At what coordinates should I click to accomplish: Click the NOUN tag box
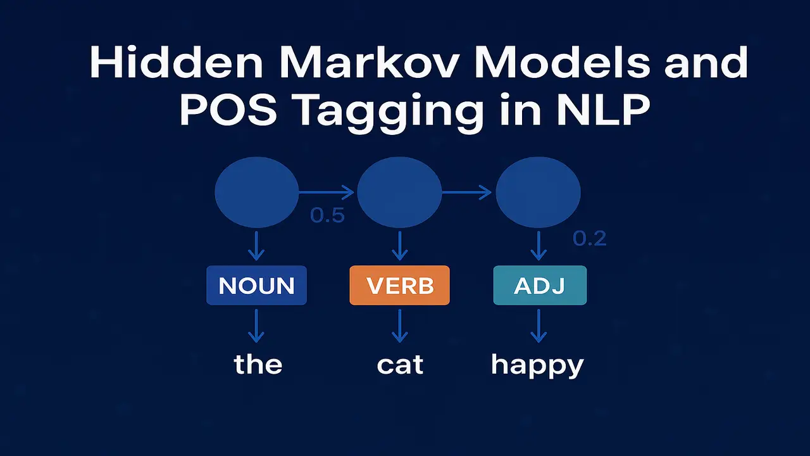(256, 286)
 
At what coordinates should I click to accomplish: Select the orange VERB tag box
(399, 286)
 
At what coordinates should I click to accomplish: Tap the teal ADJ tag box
(540, 286)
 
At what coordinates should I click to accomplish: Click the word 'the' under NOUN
(258, 364)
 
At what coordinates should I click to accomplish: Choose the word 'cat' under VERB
(400, 365)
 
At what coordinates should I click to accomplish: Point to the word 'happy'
(537, 366)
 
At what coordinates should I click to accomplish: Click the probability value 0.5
(327, 215)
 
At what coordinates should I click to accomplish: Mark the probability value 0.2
(590, 238)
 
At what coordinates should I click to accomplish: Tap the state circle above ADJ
(538, 191)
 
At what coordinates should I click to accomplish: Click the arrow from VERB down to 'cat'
(399, 326)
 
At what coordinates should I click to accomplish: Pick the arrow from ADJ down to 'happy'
(539, 326)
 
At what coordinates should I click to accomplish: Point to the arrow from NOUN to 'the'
(256, 326)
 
